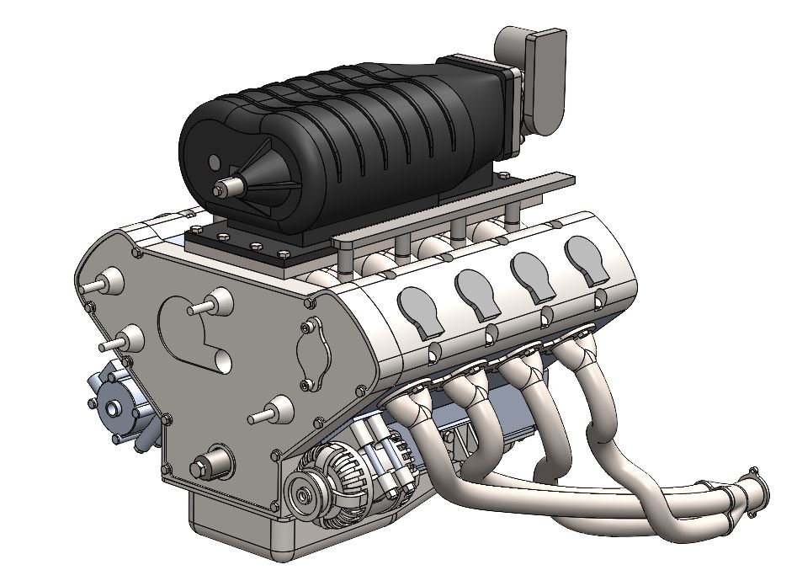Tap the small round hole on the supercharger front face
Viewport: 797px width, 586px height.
(x=214, y=161)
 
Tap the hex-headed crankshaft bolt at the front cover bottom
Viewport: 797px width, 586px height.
(x=205, y=465)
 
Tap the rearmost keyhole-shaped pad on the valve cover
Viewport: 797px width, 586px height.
(x=586, y=257)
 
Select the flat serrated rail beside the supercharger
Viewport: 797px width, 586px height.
(x=454, y=210)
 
